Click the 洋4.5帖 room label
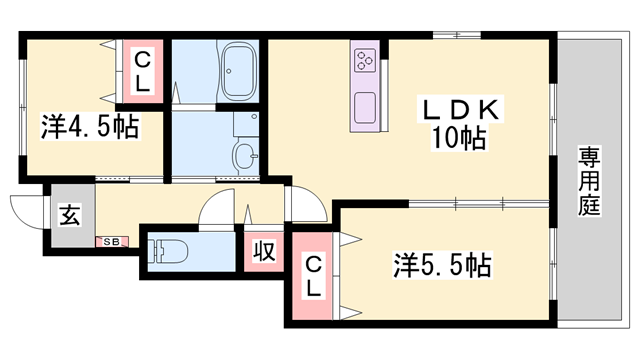tap(89, 127)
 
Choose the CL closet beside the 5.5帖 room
tap(313, 276)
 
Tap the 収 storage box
tap(264, 250)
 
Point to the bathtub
tap(237, 71)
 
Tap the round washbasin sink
tap(244, 156)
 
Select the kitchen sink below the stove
tap(364, 104)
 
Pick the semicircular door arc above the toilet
tap(217, 209)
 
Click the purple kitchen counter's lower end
tap(364, 125)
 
